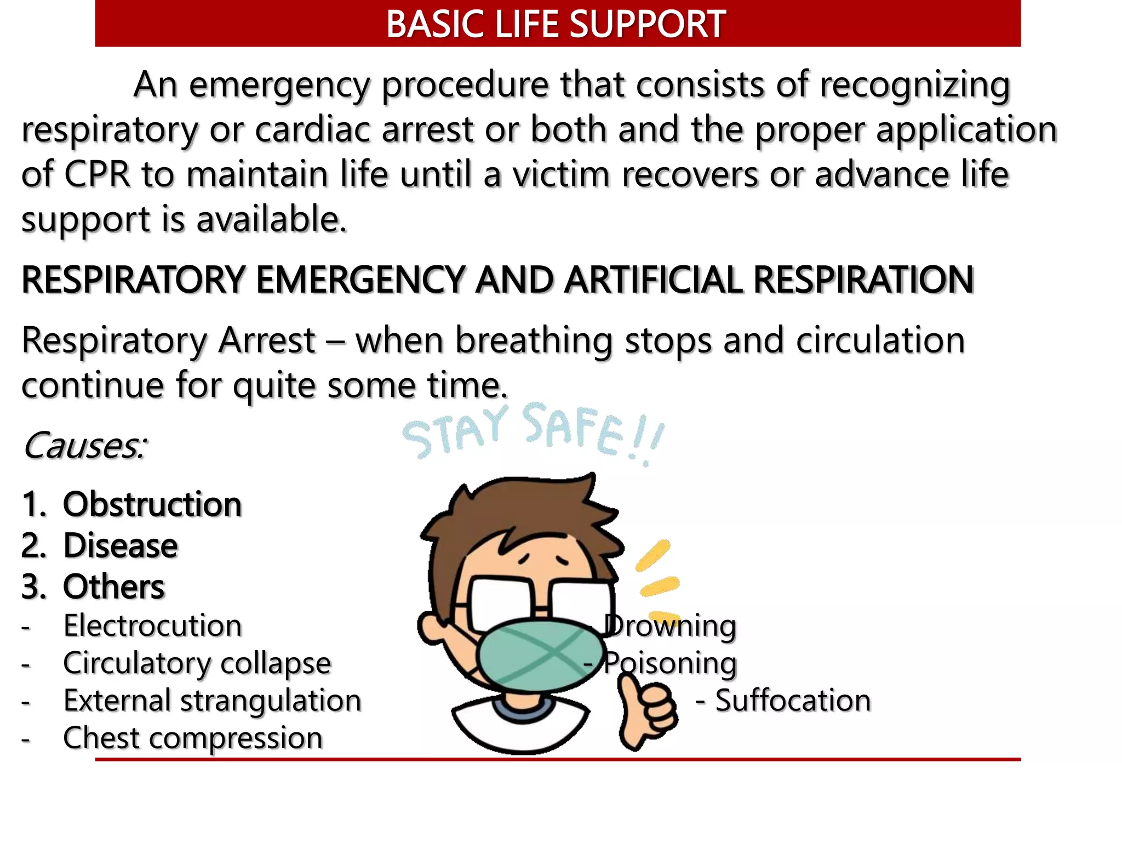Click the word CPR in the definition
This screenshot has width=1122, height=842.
coord(98,175)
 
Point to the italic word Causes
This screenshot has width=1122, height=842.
coord(84,446)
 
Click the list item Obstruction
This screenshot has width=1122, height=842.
coord(152,504)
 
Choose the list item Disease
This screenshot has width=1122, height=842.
coord(121,546)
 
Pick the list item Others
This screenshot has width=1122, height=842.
coord(114,587)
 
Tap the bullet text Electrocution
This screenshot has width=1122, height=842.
coord(152,625)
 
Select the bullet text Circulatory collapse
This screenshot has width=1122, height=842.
coord(197,663)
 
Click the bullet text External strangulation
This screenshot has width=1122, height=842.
coord(212,701)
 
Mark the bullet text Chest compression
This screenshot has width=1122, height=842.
coord(193,738)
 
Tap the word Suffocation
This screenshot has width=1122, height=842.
coord(793,701)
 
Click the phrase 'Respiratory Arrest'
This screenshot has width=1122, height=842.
coord(169,341)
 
